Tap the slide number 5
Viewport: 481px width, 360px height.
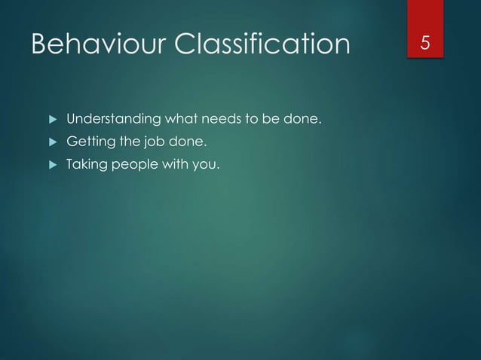(x=426, y=44)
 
